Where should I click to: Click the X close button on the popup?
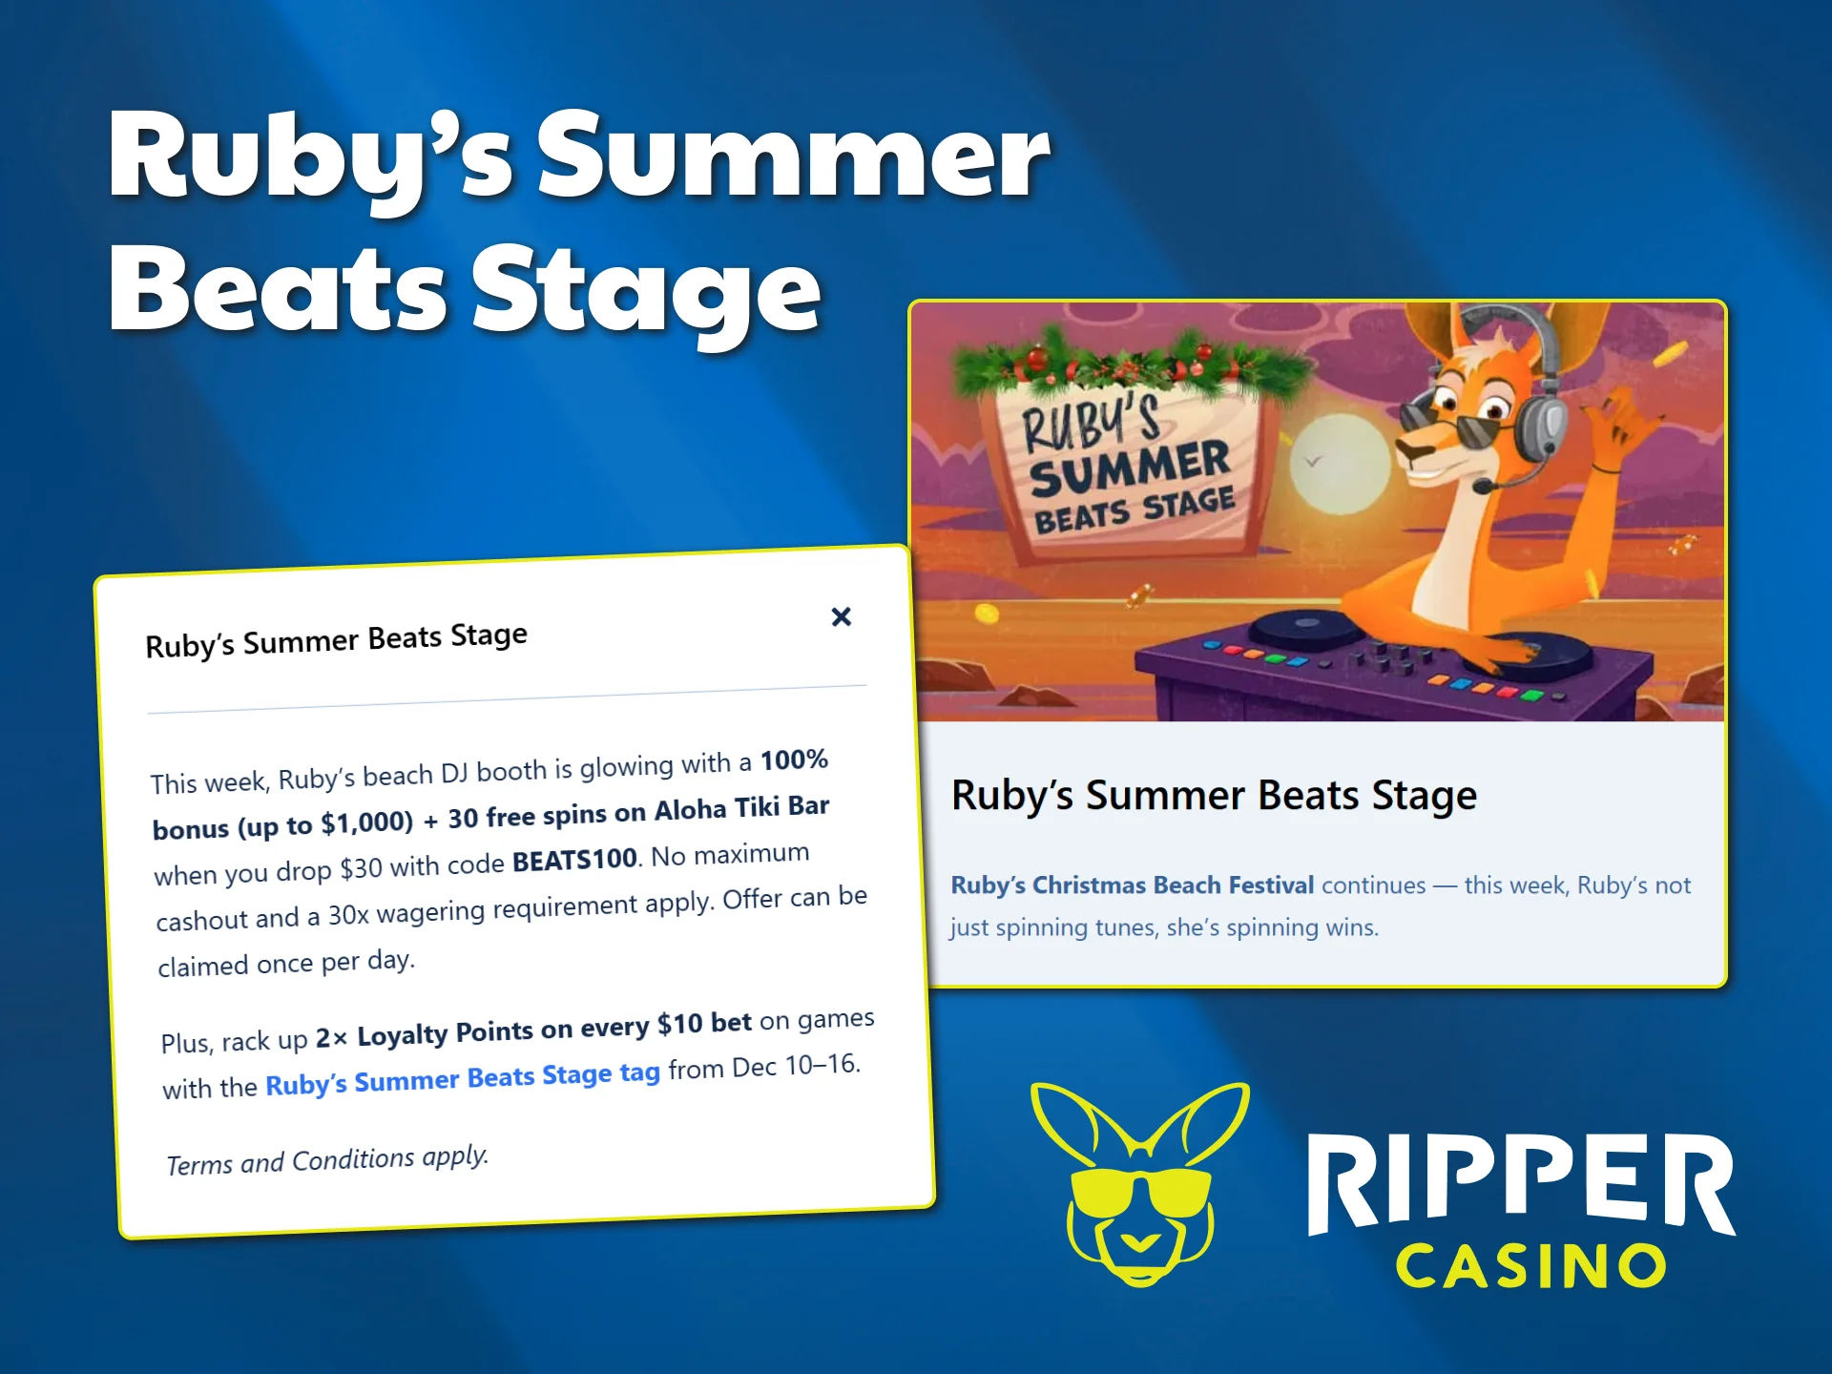841,616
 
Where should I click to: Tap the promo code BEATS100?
574,860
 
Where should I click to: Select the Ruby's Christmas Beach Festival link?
1132,885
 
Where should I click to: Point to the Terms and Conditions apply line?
327,1160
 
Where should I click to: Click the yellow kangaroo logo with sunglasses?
1139,1183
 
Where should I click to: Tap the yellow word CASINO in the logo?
1530,1267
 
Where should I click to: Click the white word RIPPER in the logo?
1520,1182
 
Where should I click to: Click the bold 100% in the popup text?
794,760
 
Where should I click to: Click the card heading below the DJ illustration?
1214,795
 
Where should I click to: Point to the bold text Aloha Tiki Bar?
741,808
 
